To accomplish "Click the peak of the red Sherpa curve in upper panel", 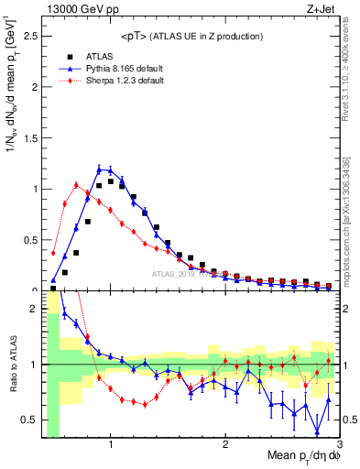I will pyautogui.click(x=76, y=184).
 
